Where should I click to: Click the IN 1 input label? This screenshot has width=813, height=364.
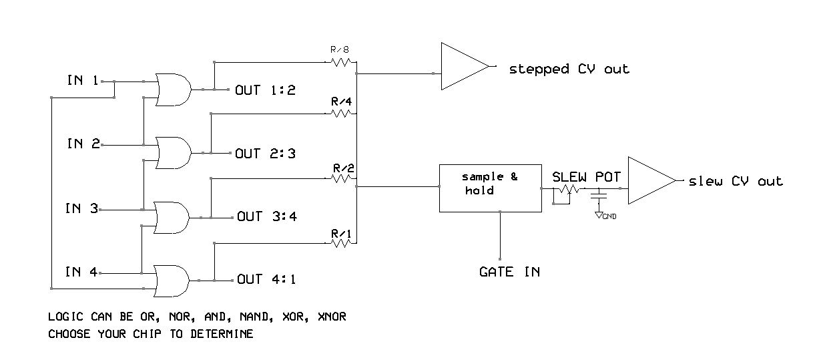pyautogui.click(x=83, y=81)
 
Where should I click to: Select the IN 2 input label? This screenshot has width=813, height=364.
pyautogui.click(x=83, y=144)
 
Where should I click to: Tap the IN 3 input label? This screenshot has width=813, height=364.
pyautogui.click(x=82, y=208)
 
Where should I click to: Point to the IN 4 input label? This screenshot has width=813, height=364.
pyautogui.click(x=82, y=272)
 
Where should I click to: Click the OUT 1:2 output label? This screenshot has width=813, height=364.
pyautogui.click(x=265, y=90)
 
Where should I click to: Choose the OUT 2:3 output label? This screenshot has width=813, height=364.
pyautogui.click(x=265, y=154)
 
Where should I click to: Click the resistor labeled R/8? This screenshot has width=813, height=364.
pyautogui.click(x=341, y=63)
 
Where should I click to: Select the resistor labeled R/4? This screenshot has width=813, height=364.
pyautogui.click(x=341, y=114)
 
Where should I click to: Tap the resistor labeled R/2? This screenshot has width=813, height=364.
pyautogui.click(x=341, y=178)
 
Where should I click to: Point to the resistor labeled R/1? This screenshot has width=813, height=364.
pyautogui.click(x=341, y=244)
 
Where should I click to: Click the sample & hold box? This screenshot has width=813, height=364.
pyautogui.click(x=489, y=188)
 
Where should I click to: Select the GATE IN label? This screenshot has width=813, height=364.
pyautogui.click(x=509, y=272)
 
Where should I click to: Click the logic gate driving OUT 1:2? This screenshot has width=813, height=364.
pyautogui.click(x=173, y=89)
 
